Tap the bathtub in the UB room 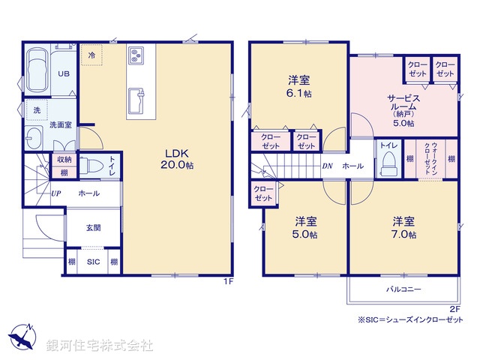[37, 73]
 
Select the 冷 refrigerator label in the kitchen [91, 55]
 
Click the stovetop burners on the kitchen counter [138, 55]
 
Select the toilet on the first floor [91, 166]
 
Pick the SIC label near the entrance [91, 262]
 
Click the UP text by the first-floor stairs [56, 193]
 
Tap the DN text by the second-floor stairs [327, 166]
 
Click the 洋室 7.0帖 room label [403, 228]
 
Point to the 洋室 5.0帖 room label [304, 228]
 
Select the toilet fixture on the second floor [388, 160]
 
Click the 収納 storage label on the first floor [63, 159]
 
